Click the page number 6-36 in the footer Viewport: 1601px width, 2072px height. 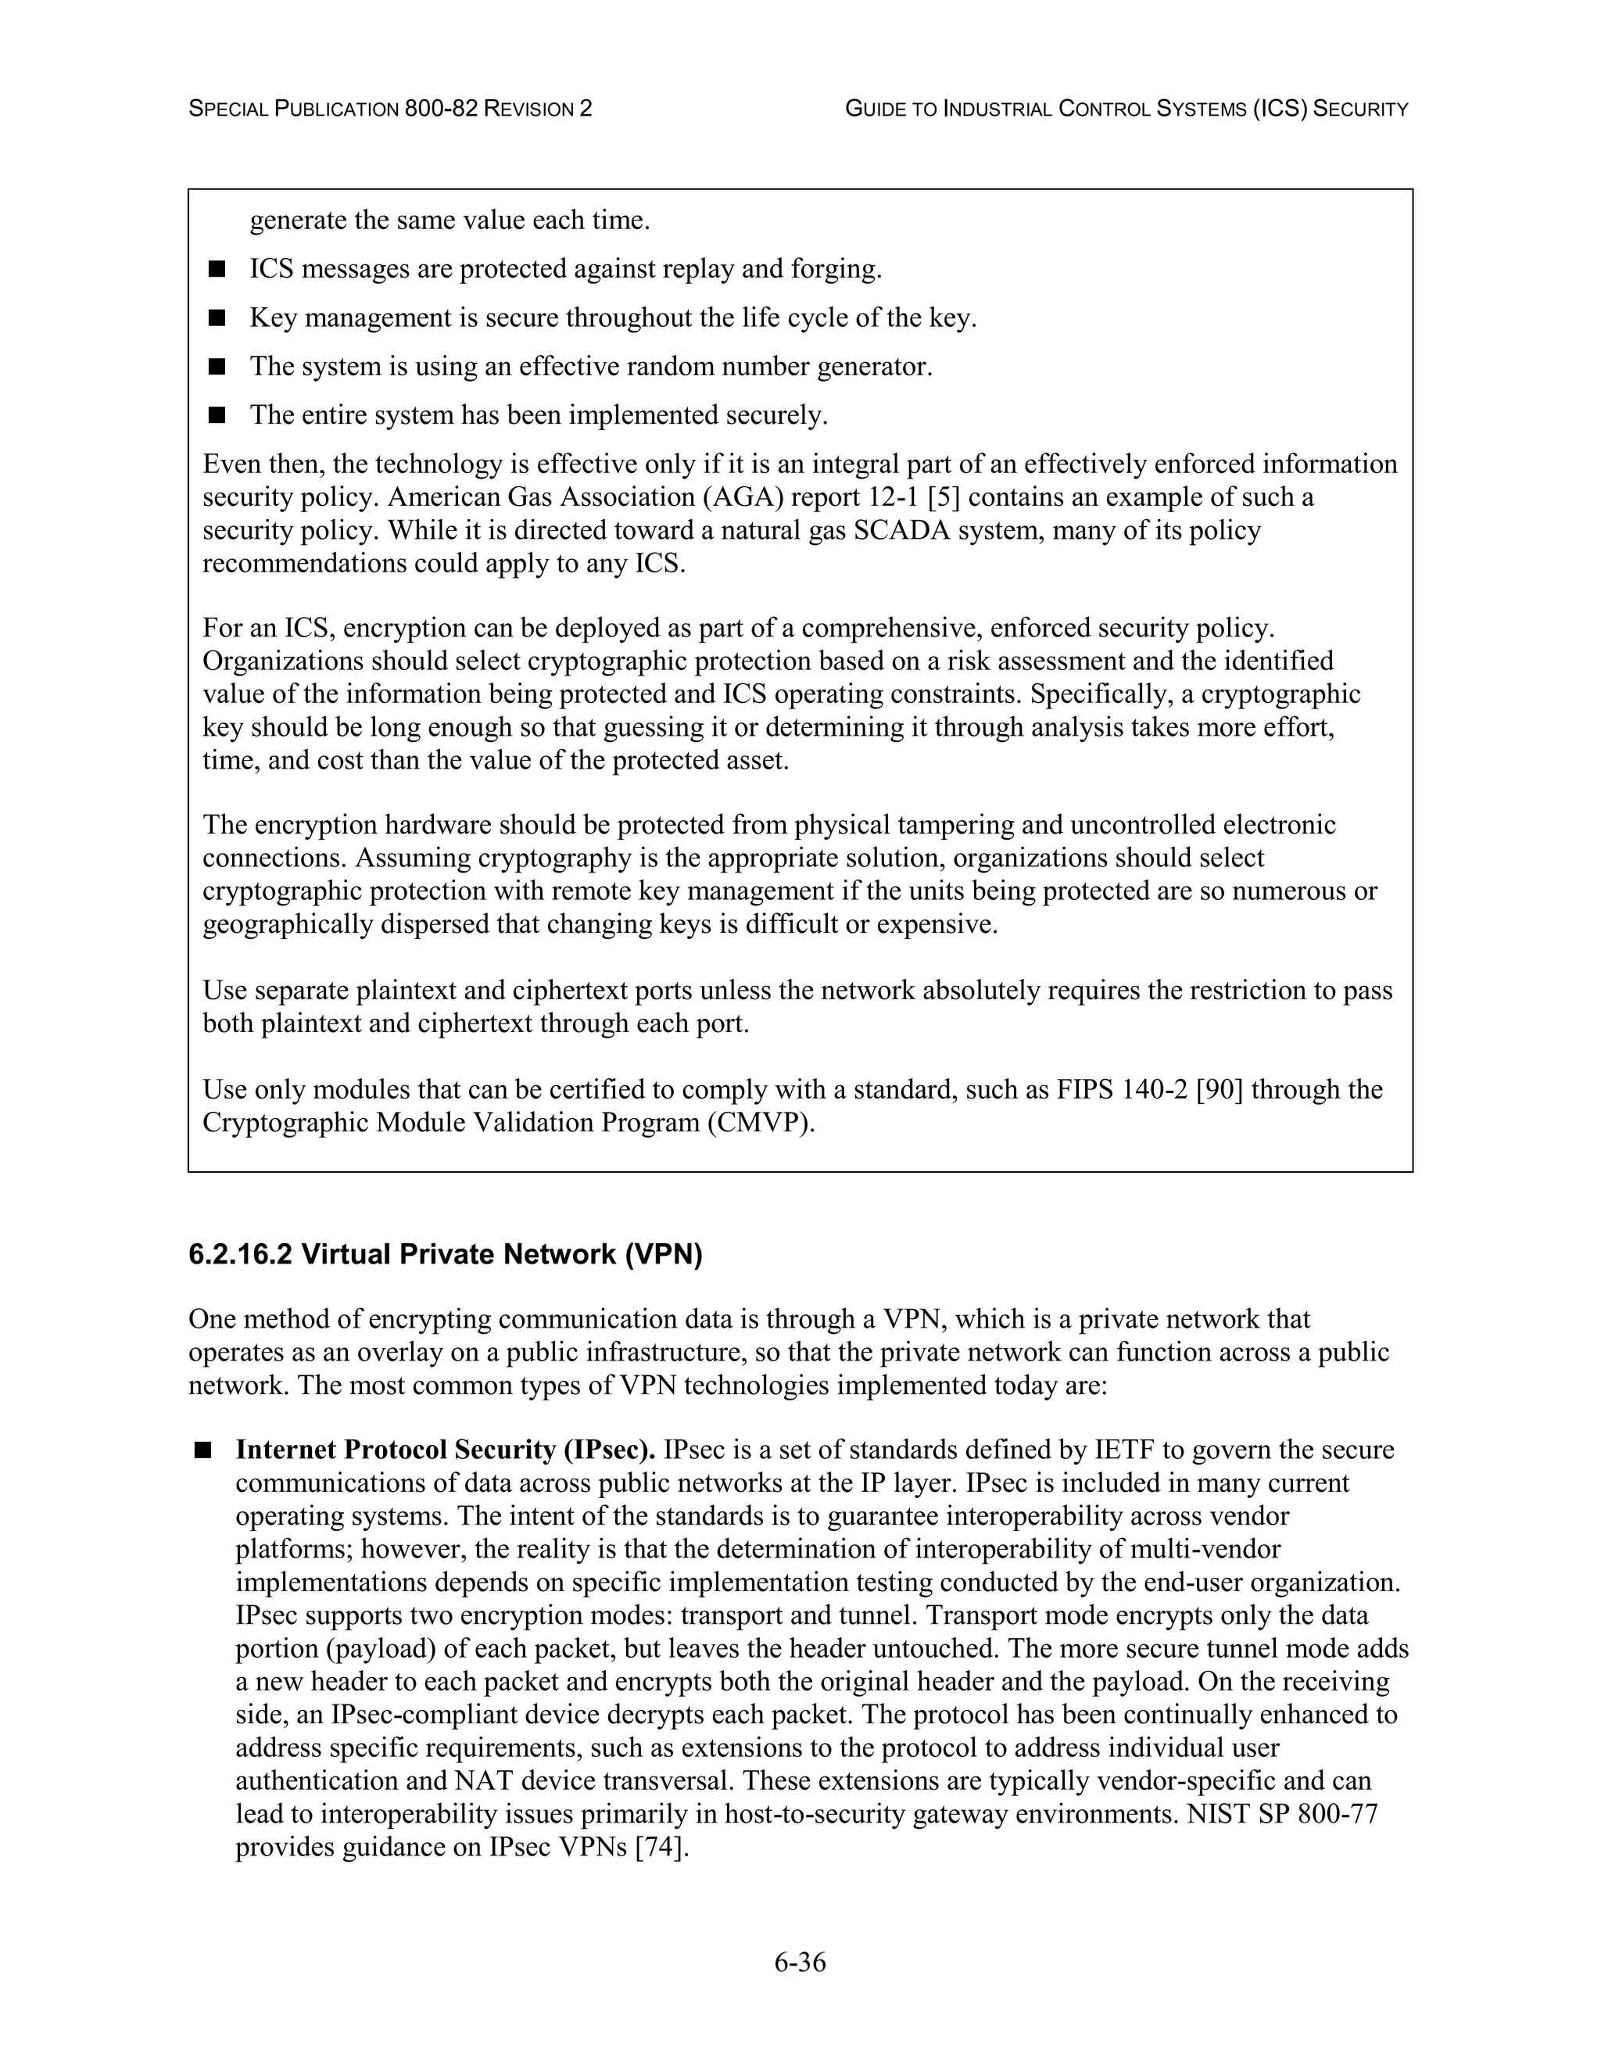tap(800, 1962)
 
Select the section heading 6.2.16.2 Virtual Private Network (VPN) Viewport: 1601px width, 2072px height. tap(445, 1254)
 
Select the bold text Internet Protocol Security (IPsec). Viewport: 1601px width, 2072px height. tap(446, 1450)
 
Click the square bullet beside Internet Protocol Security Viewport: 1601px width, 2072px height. tap(203, 1450)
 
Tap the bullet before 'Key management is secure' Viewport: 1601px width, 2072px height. tap(217, 317)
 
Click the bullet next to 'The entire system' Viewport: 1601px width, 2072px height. tap(217, 414)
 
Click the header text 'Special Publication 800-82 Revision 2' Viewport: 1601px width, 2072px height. tap(390, 109)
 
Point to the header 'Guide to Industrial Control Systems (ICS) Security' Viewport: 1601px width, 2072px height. tap(1126, 109)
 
